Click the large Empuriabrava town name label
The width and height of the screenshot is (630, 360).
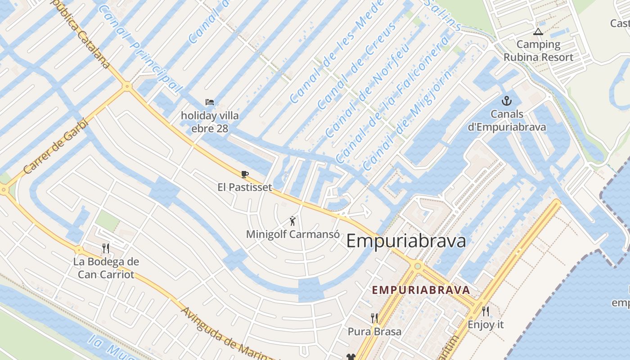406,241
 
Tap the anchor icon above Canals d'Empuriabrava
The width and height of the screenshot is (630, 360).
507,101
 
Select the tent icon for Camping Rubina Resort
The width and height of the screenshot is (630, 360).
538,31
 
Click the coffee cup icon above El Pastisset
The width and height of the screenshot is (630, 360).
245,174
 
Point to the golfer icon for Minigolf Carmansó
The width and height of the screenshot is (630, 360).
293,221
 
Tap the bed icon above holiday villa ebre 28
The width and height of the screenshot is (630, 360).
210,102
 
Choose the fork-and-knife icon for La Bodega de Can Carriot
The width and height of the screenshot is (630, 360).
106,248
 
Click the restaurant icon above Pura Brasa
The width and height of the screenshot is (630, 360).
374,318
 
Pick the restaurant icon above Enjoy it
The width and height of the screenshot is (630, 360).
486,311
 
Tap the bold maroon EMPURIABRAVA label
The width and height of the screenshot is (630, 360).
421,290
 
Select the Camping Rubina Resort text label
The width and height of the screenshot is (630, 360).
538,51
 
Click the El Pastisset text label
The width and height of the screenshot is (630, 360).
245,187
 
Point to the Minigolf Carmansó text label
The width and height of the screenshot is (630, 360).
292,234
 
